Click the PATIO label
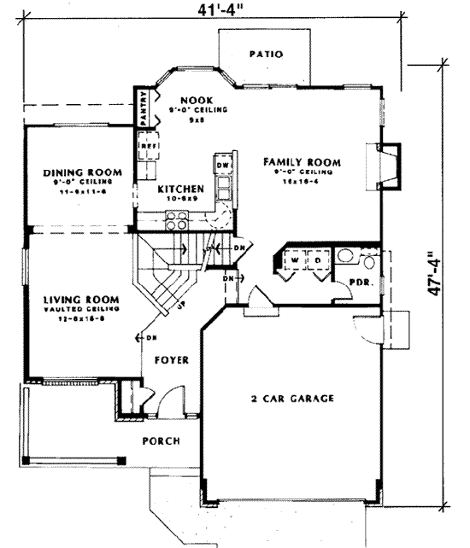click(266, 54)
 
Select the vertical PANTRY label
click(144, 109)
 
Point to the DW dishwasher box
click(221, 164)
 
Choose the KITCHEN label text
click(180, 188)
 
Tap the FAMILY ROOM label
click(302, 161)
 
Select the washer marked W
click(294, 259)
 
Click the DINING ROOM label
click(82, 172)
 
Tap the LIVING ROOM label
click(80, 300)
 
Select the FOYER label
click(171, 360)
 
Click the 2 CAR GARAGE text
click(293, 398)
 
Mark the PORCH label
click(162, 440)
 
